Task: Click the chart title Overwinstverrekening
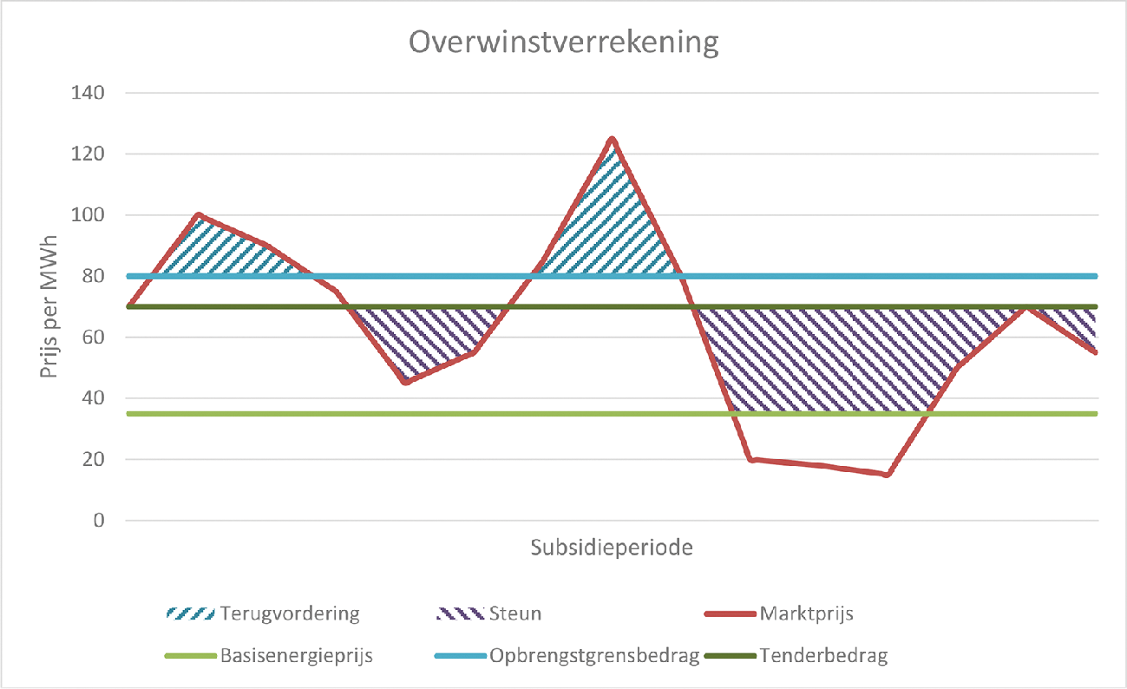(x=565, y=43)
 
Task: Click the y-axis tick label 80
(x=95, y=277)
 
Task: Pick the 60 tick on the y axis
(x=95, y=338)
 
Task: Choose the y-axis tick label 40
(x=95, y=399)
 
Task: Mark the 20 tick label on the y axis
(x=95, y=460)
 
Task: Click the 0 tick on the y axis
(x=99, y=521)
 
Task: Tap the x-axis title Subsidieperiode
(x=612, y=548)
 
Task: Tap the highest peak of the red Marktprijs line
(x=613, y=139)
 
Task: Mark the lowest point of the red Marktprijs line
(x=887, y=475)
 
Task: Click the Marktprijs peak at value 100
(x=200, y=215)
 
